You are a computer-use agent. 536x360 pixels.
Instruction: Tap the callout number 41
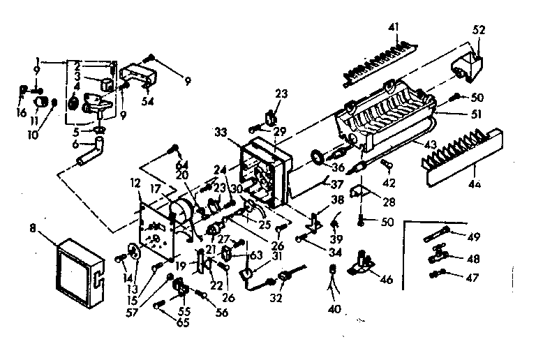pos(395,28)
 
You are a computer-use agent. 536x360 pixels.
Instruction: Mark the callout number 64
pos(183,164)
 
